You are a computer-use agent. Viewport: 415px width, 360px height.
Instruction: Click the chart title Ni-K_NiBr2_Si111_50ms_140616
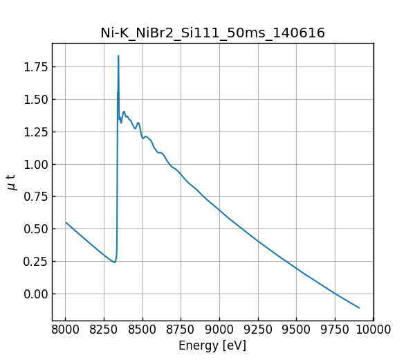click(x=212, y=33)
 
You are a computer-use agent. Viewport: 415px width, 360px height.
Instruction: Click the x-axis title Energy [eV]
click(x=212, y=345)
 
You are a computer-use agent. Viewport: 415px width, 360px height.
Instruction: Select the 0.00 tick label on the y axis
click(x=35, y=294)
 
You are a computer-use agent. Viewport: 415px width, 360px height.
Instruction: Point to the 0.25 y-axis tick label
click(x=35, y=262)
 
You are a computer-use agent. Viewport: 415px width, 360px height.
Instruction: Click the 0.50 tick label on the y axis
click(x=35, y=229)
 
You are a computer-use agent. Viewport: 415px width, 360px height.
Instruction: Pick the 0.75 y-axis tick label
click(x=35, y=197)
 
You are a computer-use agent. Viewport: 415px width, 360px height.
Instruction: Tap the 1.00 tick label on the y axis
click(x=35, y=164)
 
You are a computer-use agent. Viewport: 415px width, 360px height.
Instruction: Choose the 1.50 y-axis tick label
click(x=35, y=99)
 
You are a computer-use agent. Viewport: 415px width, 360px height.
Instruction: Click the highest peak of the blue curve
click(x=118, y=56)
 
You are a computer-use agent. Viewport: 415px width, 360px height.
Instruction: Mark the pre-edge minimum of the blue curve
click(x=115, y=262)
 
